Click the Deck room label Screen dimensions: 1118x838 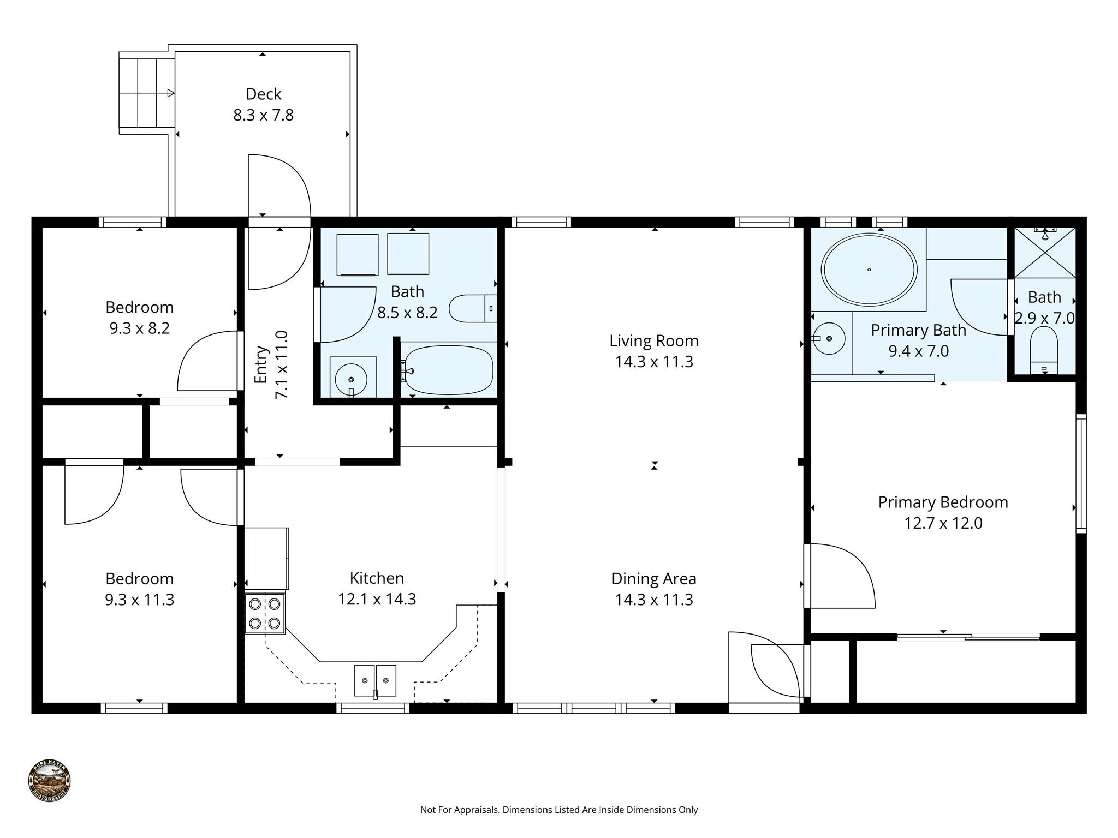(264, 94)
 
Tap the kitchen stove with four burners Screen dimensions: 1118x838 (265, 613)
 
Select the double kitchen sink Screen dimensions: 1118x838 (375, 680)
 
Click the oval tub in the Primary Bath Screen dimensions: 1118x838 (869, 270)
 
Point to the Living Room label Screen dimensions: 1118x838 (654, 341)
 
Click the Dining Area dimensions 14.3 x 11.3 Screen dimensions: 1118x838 (654, 600)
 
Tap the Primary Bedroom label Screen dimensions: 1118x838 (943, 502)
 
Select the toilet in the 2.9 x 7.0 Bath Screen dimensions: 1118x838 (1044, 350)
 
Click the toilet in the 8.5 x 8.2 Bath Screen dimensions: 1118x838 (473, 308)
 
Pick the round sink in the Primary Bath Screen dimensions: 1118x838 (829, 339)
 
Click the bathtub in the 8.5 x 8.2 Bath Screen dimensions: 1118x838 (449, 370)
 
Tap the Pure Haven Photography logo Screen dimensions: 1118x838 (49, 781)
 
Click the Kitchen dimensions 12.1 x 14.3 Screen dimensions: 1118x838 (377, 599)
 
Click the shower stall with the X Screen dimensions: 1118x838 (1044, 253)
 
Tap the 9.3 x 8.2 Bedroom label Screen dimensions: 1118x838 (140, 318)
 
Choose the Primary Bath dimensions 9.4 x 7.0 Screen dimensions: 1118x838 (919, 351)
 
